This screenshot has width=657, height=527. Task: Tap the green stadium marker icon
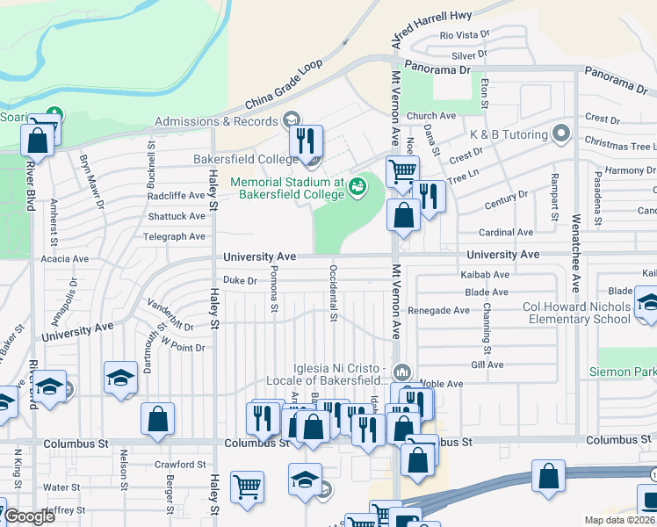click(x=357, y=185)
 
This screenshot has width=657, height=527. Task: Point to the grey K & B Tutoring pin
click(x=562, y=135)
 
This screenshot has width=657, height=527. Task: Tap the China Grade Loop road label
click(x=285, y=85)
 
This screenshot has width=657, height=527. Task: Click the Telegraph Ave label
click(x=176, y=236)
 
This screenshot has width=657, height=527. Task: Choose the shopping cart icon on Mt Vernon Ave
click(x=402, y=170)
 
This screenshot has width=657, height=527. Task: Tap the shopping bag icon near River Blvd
click(x=38, y=139)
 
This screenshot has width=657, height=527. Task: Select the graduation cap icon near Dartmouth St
click(x=120, y=378)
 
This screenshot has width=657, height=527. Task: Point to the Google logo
click(x=30, y=516)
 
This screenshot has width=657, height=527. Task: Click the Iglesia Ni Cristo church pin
click(x=402, y=370)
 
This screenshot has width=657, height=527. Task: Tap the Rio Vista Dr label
click(x=465, y=35)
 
